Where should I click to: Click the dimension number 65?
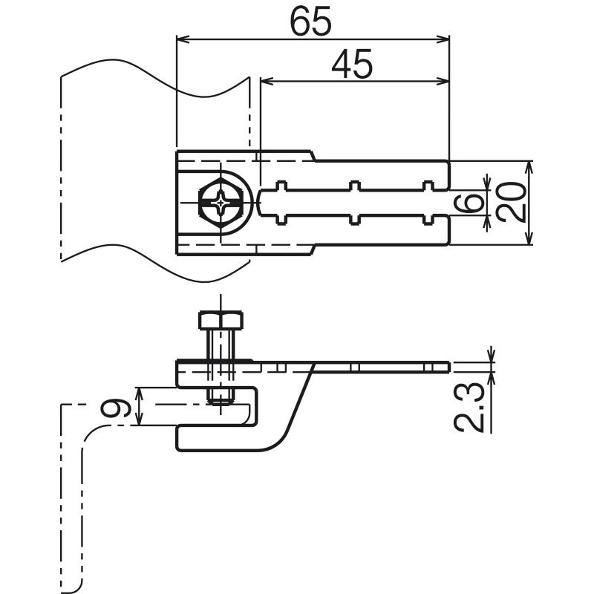pyautogui.click(x=310, y=22)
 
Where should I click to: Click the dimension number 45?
pyautogui.click(x=352, y=64)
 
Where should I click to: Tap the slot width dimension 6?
pyautogui.click(x=469, y=202)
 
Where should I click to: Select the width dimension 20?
pyautogui.click(x=511, y=202)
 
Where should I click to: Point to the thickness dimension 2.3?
pyautogui.click(x=469, y=407)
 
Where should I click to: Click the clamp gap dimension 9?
pyautogui.click(x=117, y=407)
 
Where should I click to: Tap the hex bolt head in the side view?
pyautogui.click(x=221, y=320)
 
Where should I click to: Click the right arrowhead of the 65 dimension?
pyautogui.click(x=443, y=39)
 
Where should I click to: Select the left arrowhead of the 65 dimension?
pyautogui.click(x=183, y=39)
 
